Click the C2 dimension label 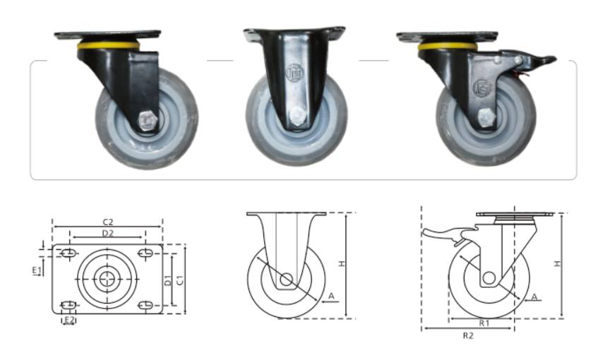(108, 222)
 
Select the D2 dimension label (108, 233)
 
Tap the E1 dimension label (37, 270)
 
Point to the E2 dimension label (69, 320)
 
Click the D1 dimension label (167, 280)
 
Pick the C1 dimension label (180, 280)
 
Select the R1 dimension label (484, 323)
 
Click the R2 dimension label (468, 335)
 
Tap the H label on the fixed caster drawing (342, 263)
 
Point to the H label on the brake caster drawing (558, 263)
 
